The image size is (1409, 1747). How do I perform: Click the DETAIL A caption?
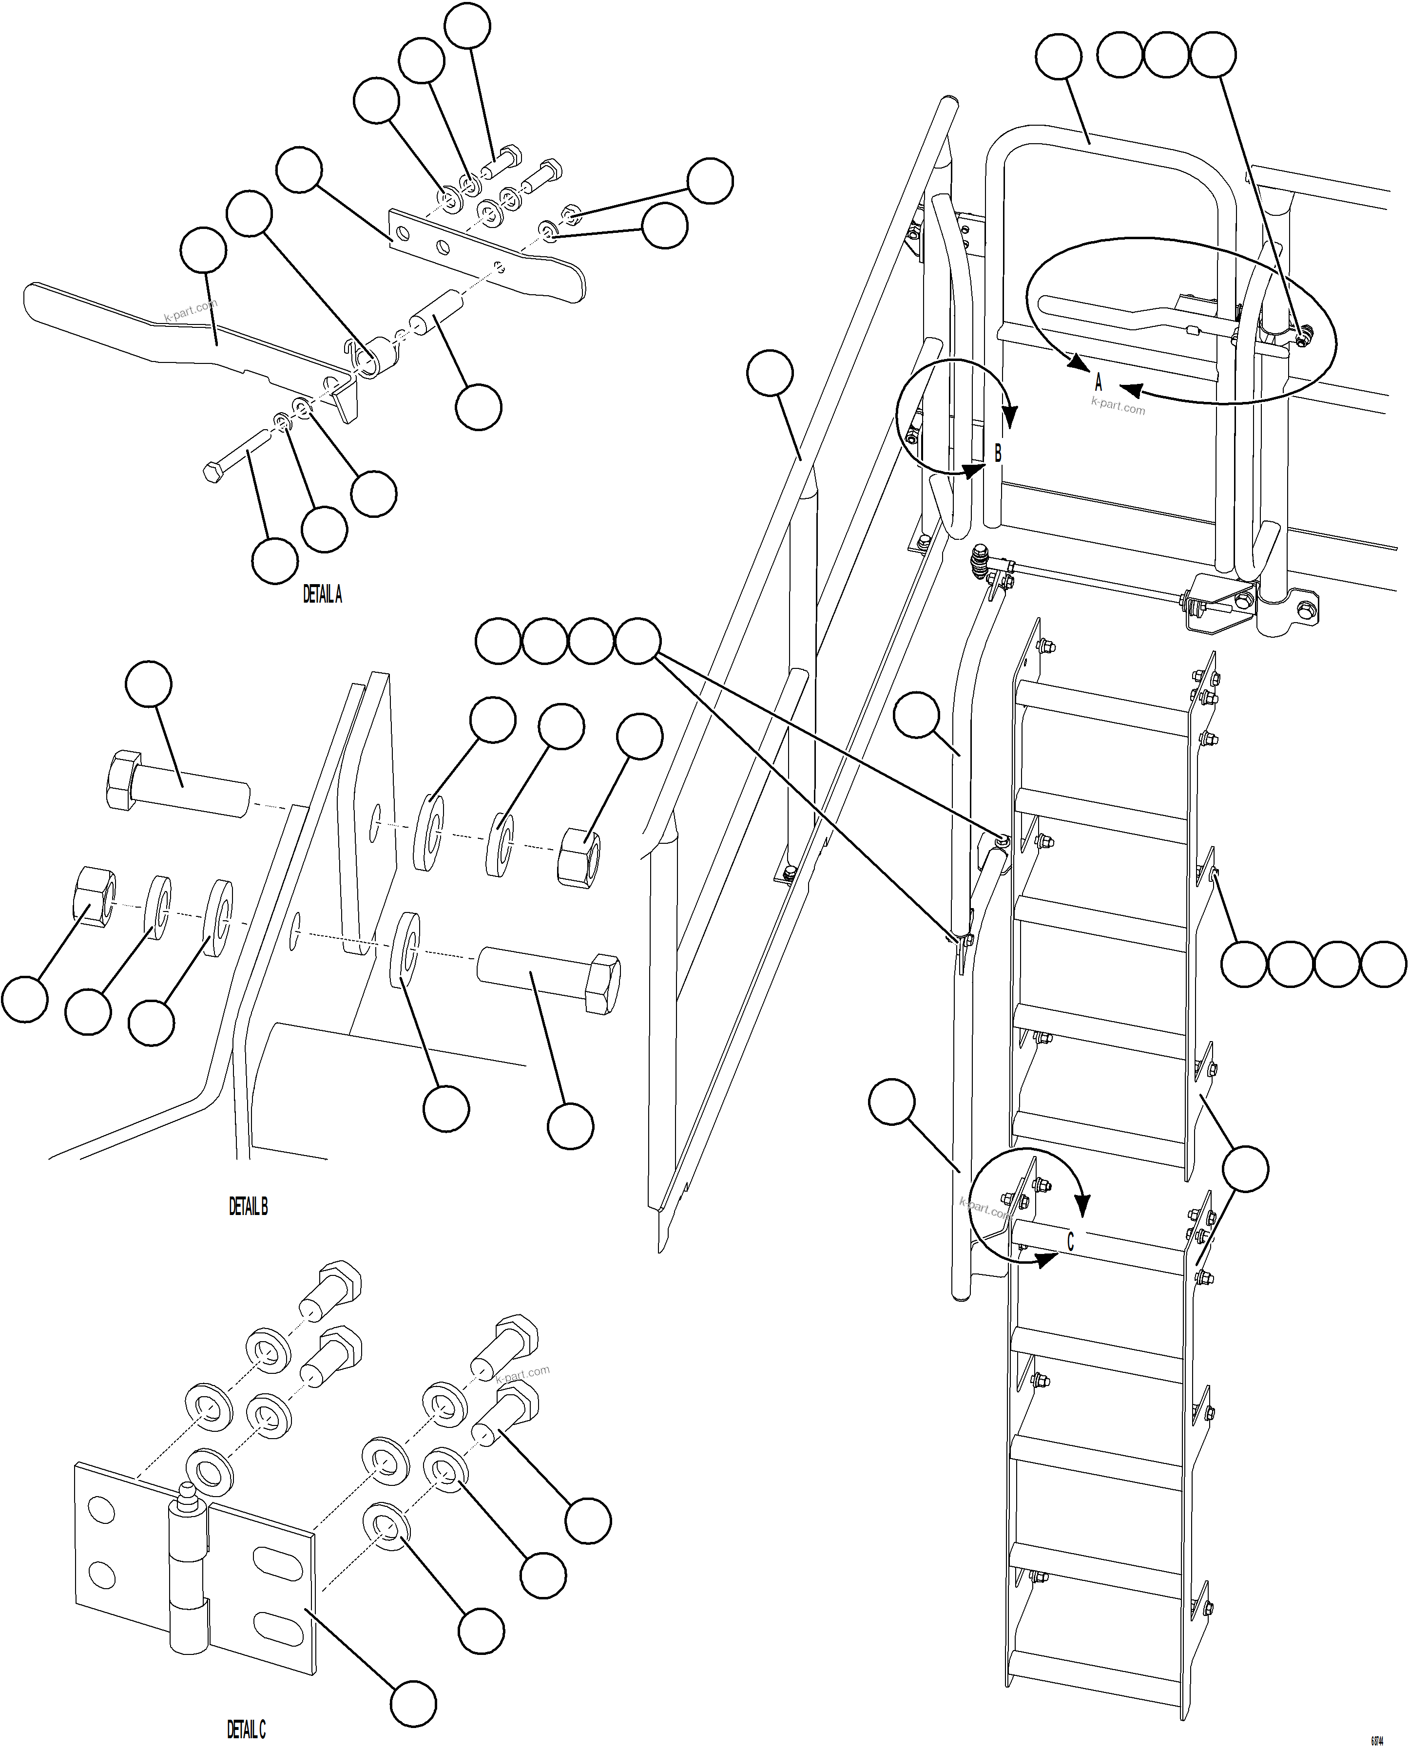pyautogui.click(x=322, y=595)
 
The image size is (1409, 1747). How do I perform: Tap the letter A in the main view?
pyautogui.click(x=1098, y=381)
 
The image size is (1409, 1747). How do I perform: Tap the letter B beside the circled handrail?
pyautogui.click(x=998, y=453)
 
